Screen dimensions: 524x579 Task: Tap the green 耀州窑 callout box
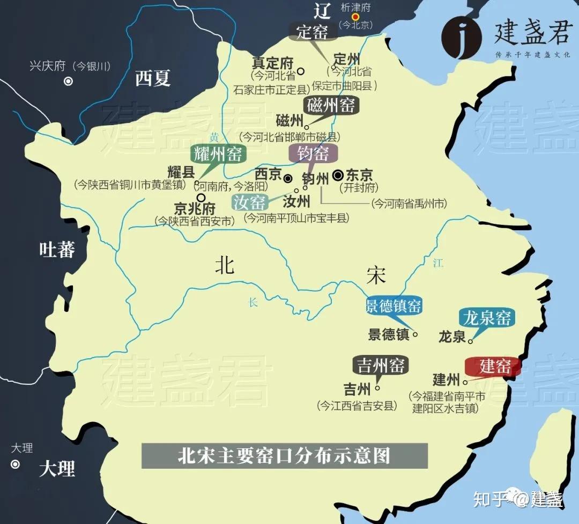point(218,154)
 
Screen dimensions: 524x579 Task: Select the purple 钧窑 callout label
point(314,154)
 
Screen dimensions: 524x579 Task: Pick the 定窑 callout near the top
point(313,32)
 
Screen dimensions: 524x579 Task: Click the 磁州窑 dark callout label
point(331,105)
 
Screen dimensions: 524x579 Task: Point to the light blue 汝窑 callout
point(249,202)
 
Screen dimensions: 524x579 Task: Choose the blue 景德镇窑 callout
point(394,307)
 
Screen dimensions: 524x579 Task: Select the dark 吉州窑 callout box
point(381,366)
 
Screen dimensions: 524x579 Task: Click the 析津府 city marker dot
point(355,17)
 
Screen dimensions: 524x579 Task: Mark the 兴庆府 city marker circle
point(69,82)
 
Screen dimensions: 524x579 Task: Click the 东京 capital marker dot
point(338,175)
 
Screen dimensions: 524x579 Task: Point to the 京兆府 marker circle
point(201,197)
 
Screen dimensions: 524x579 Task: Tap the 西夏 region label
point(153,78)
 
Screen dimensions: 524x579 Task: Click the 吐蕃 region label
point(57,249)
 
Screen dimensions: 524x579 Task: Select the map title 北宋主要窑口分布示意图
point(284,456)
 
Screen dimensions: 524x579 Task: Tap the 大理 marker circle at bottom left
point(15,464)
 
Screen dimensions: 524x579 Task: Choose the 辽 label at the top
point(322,10)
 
